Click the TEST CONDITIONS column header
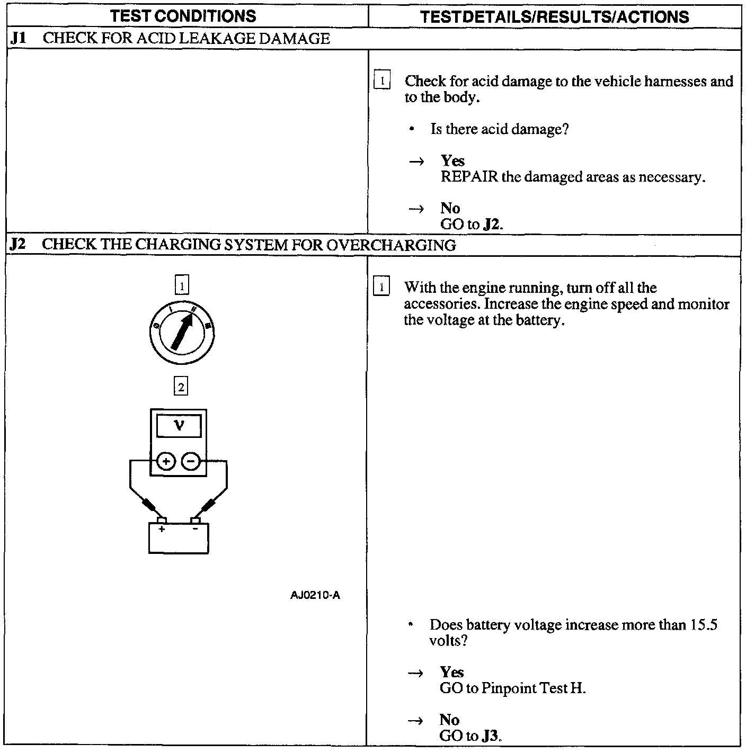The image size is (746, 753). pyautogui.click(x=183, y=16)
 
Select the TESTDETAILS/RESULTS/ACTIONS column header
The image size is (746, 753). pyautogui.click(x=554, y=16)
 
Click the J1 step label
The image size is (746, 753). pyautogui.click(x=19, y=39)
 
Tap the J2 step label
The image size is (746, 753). pyautogui.click(x=18, y=245)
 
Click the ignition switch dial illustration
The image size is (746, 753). pyautogui.click(x=182, y=331)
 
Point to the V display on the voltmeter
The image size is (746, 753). pyautogui.click(x=180, y=426)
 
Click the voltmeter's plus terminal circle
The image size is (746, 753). pyautogui.click(x=166, y=461)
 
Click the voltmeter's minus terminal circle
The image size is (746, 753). pyautogui.click(x=191, y=461)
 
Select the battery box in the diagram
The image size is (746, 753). pyautogui.click(x=179, y=538)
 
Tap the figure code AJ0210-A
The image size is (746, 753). pyautogui.click(x=315, y=595)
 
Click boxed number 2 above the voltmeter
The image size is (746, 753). pyautogui.click(x=181, y=387)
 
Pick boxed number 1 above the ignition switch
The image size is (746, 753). pyautogui.click(x=182, y=286)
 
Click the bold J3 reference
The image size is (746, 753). pyautogui.click(x=491, y=736)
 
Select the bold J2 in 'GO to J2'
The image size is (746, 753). pyautogui.click(x=492, y=224)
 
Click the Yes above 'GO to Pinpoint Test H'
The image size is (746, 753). pyautogui.click(x=451, y=672)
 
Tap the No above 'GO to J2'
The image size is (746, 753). pyautogui.click(x=450, y=208)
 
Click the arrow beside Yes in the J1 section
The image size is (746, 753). pyautogui.click(x=416, y=161)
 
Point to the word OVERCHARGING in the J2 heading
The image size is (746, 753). pyautogui.click(x=390, y=245)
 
